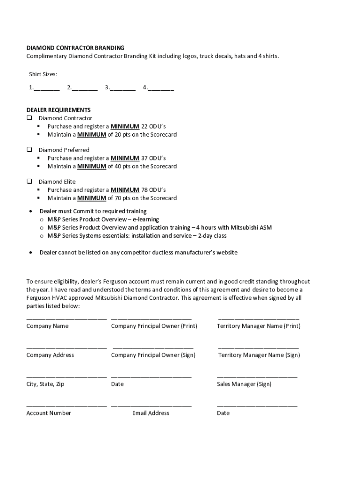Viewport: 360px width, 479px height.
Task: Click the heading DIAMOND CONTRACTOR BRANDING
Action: click(x=75, y=48)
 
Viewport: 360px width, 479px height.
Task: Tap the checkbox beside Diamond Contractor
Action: click(x=29, y=118)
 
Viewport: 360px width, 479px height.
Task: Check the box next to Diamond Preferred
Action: click(x=29, y=150)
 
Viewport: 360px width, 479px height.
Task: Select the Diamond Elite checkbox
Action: click(x=29, y=181)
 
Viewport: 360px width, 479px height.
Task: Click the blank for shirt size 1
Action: click(x=46, y=88)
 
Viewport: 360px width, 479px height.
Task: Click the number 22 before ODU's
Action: click(x=144, y=126)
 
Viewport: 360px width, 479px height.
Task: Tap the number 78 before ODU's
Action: click(x=144, y=190)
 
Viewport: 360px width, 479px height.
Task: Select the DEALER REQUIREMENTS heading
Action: click(x=58, y=110)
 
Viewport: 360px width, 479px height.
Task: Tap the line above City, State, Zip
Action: click(x=66, y=377)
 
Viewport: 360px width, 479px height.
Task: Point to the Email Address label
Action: click(x=151, y=413)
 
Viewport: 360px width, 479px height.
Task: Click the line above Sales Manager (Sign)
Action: click(x=257, y=377)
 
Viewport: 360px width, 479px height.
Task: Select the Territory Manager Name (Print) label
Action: click(x=259, y=326)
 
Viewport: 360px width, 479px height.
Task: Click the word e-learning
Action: click(x=146, y=219)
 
